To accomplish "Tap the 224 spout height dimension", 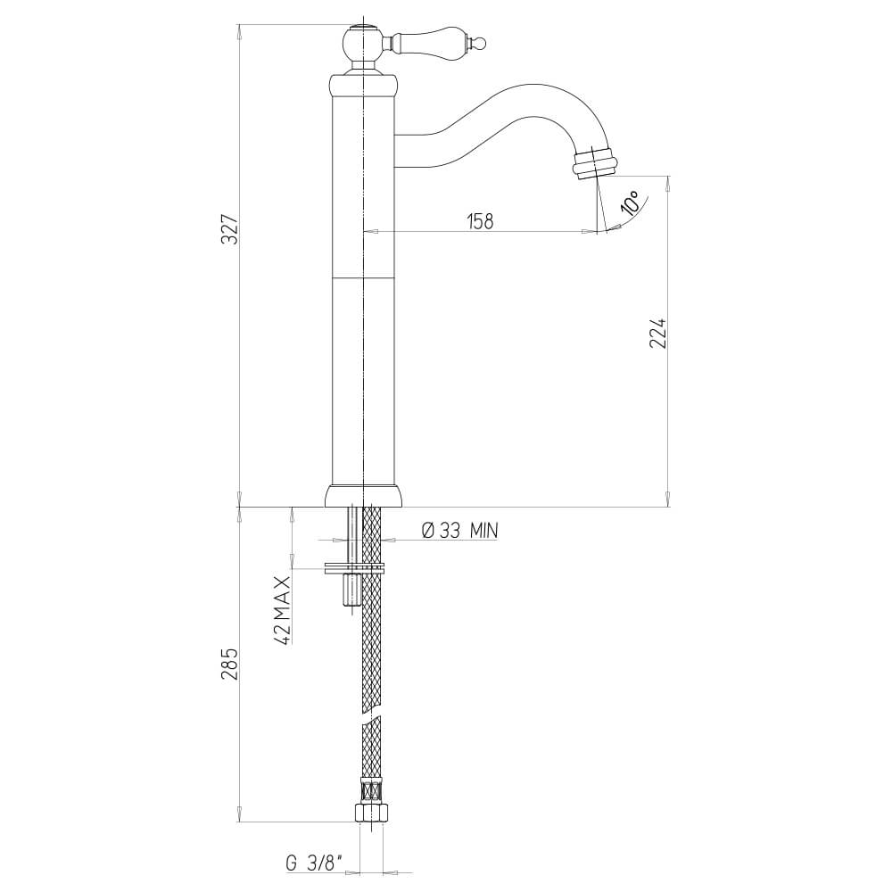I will pyautogui.click(x=659, y=332).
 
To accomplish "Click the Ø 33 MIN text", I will pyautogui.click(x=458, y=531).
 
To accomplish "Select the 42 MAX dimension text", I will pyautogui.click(x=283, y=609).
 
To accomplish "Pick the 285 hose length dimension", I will pyautogui.click(x=230, y=665).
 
